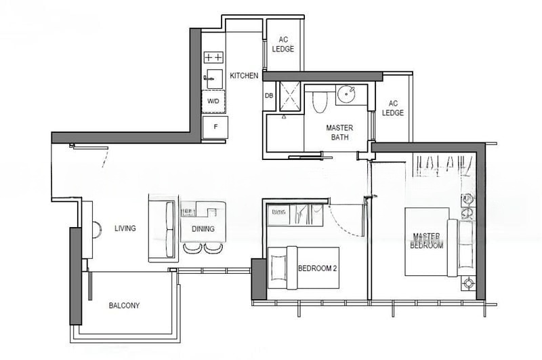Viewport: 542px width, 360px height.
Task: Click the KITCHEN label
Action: click(244, 75)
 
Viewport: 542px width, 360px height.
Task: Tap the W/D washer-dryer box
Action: click(213, 101)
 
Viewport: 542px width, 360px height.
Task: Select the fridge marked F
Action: click(215, 127)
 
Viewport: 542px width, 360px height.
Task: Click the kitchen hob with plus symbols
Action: click(213, 58)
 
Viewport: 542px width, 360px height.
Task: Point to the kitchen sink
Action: click(213, 79)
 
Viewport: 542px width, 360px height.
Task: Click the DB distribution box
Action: click(269, 96)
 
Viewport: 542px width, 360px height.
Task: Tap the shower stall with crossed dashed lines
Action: click(290, 96)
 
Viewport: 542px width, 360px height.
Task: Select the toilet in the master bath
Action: click(319, 102)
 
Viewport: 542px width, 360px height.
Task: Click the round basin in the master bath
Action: click(346, 94)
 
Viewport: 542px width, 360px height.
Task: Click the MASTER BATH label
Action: click(339, 132)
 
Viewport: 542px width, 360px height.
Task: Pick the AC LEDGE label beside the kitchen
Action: click(283, 45)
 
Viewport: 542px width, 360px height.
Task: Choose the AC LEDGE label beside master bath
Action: click(393, 108)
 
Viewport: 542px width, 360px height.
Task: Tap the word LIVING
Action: click(125, 228)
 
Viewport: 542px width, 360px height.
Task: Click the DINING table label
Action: click(203, 229)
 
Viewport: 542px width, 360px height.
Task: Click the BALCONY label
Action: click(124, 306)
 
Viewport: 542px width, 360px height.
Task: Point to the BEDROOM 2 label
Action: click(317, 268)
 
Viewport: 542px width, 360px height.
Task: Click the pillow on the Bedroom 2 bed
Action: click(278, 268)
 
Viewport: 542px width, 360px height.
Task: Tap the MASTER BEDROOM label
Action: click(427, 241)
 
